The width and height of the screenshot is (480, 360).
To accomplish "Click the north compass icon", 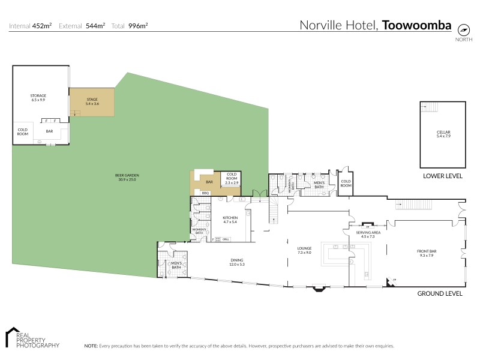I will pos(463,29).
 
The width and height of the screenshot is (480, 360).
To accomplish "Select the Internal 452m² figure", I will pos(31,25).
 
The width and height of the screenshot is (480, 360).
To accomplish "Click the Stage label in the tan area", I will pos(91,101).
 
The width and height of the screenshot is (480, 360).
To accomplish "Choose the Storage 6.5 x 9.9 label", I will pos(38,97).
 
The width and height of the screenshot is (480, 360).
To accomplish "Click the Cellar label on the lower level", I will pos(443,134).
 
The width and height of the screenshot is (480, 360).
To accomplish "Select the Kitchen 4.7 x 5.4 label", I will pos(230,219).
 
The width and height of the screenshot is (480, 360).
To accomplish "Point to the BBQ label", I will pos(205,193).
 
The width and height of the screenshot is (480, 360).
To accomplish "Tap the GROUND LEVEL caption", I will pos(440,293).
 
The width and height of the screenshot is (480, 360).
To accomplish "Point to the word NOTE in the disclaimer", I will pos(91,346).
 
